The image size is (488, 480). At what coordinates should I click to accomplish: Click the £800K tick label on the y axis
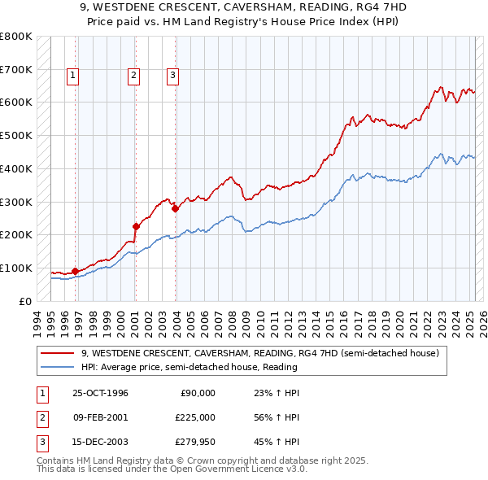tap(16, 37)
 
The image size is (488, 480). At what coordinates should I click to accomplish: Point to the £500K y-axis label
tap(16, 136)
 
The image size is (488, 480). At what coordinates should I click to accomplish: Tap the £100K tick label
tap(16, 268)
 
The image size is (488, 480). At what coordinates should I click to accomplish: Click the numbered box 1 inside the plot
tap(72, 76)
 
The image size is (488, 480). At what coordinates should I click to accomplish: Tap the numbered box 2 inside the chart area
tap(133, 76)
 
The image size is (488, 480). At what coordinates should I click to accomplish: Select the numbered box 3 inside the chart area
tap(173, 76)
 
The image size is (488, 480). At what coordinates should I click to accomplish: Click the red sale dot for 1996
tap(75, 271)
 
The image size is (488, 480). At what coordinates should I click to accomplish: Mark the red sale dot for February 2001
tap(135, 226)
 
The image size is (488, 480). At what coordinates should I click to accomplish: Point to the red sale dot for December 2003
tap(175, 208)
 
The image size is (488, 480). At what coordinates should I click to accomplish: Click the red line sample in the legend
tap(59, 353)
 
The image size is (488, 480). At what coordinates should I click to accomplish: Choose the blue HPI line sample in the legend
tap(59, 367)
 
